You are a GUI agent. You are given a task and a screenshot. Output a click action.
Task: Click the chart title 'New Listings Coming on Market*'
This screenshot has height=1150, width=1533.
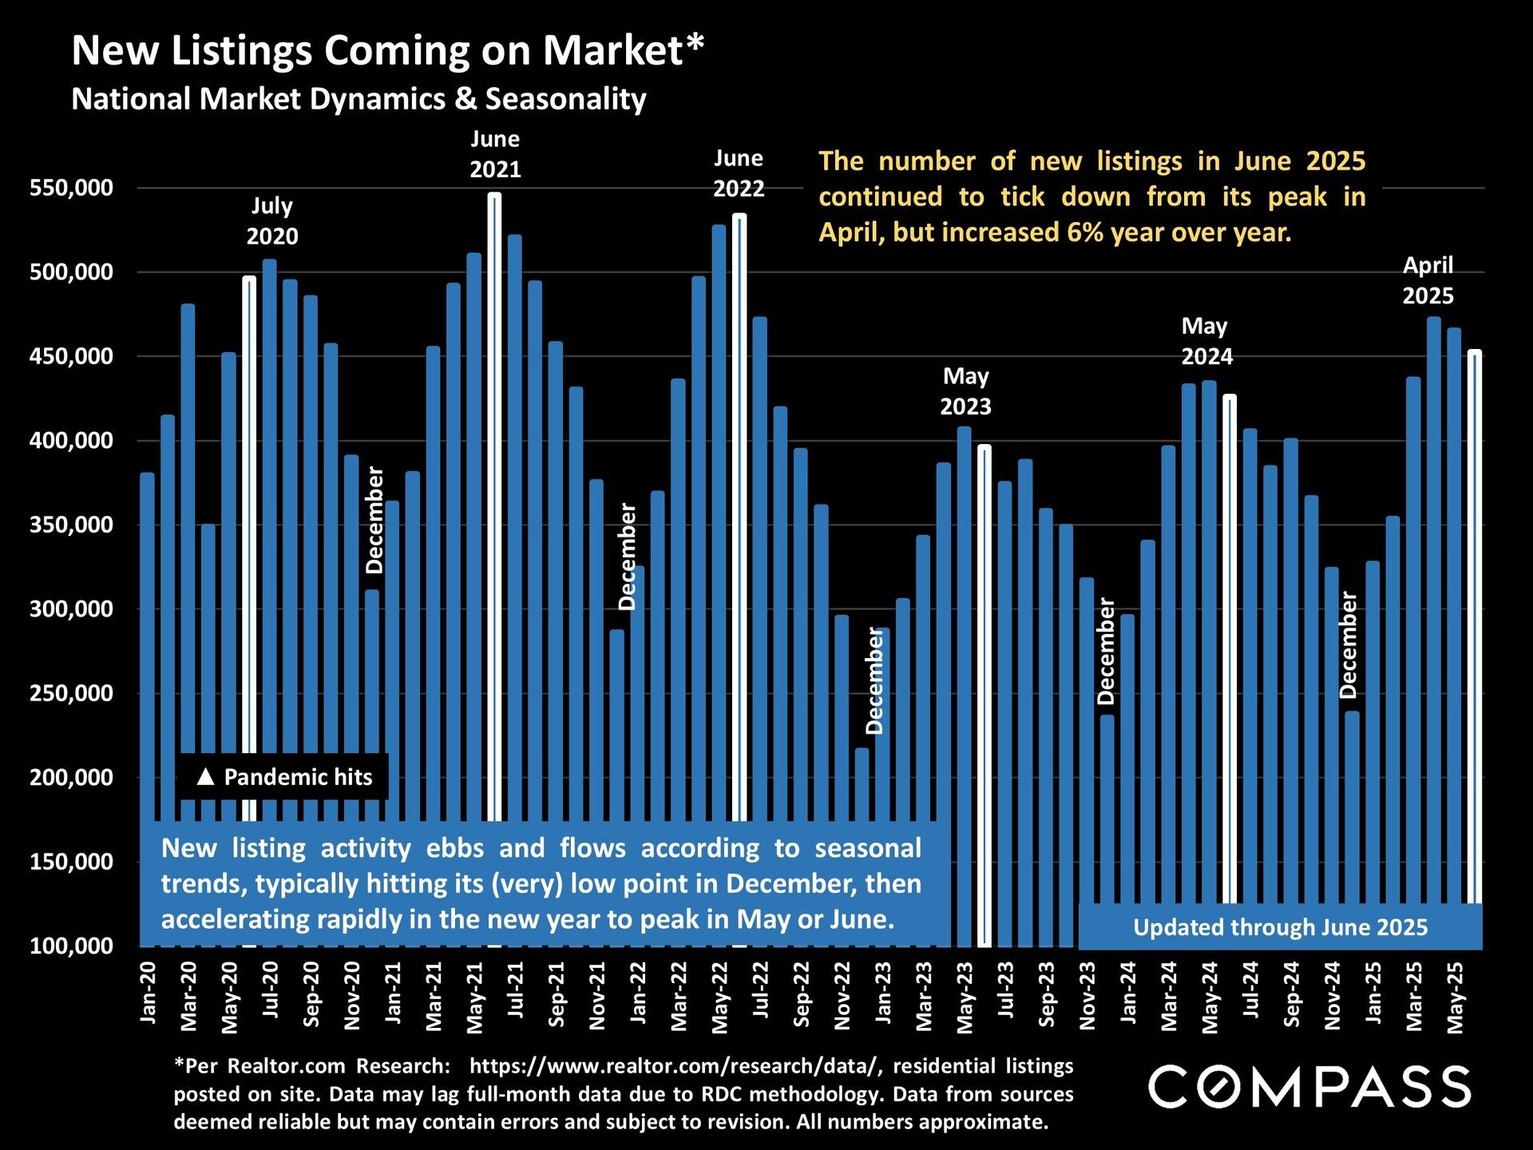click(x=388, y=51)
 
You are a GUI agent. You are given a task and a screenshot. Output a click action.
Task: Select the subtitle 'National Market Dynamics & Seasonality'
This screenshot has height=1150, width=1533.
click(x=358, y=99)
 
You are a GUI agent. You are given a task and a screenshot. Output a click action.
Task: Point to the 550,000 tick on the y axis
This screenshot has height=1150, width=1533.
click(x=72, y=188)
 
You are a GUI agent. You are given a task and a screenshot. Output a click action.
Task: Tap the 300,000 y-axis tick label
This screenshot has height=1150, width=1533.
click(x=72, y=609)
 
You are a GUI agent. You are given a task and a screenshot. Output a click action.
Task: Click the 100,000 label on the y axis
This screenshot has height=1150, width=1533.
click(x=72, y=946)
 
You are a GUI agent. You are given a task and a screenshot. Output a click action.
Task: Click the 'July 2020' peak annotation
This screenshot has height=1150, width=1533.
click(x=272, y=221)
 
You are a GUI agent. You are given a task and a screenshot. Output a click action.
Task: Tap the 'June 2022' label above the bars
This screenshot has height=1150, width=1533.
click(x=739, y=173)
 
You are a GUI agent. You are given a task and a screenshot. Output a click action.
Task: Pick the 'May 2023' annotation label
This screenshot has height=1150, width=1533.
click(x=965, y=391)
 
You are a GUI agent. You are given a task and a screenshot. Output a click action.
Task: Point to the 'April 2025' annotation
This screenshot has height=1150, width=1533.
click(x=1428, y=280)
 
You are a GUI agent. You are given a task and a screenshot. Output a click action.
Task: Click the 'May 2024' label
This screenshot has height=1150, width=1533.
click(x=1206, y=341)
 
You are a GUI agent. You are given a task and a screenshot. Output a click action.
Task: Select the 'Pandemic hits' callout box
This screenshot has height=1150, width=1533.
click(x=284, y=777)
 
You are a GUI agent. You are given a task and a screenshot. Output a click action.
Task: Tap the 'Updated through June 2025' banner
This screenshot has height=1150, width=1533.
click(x=1280, y=927)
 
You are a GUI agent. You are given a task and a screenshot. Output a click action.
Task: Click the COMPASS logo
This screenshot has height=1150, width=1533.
click(x=1309, y=1087)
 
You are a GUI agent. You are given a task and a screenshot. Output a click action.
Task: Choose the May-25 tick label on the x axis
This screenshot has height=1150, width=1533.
click(x=1456, y=997)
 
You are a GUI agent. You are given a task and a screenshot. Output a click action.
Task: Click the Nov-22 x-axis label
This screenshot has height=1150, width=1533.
click(x=842, y=995)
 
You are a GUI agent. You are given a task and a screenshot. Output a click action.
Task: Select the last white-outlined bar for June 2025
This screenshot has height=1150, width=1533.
click(x=1475, y=623)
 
